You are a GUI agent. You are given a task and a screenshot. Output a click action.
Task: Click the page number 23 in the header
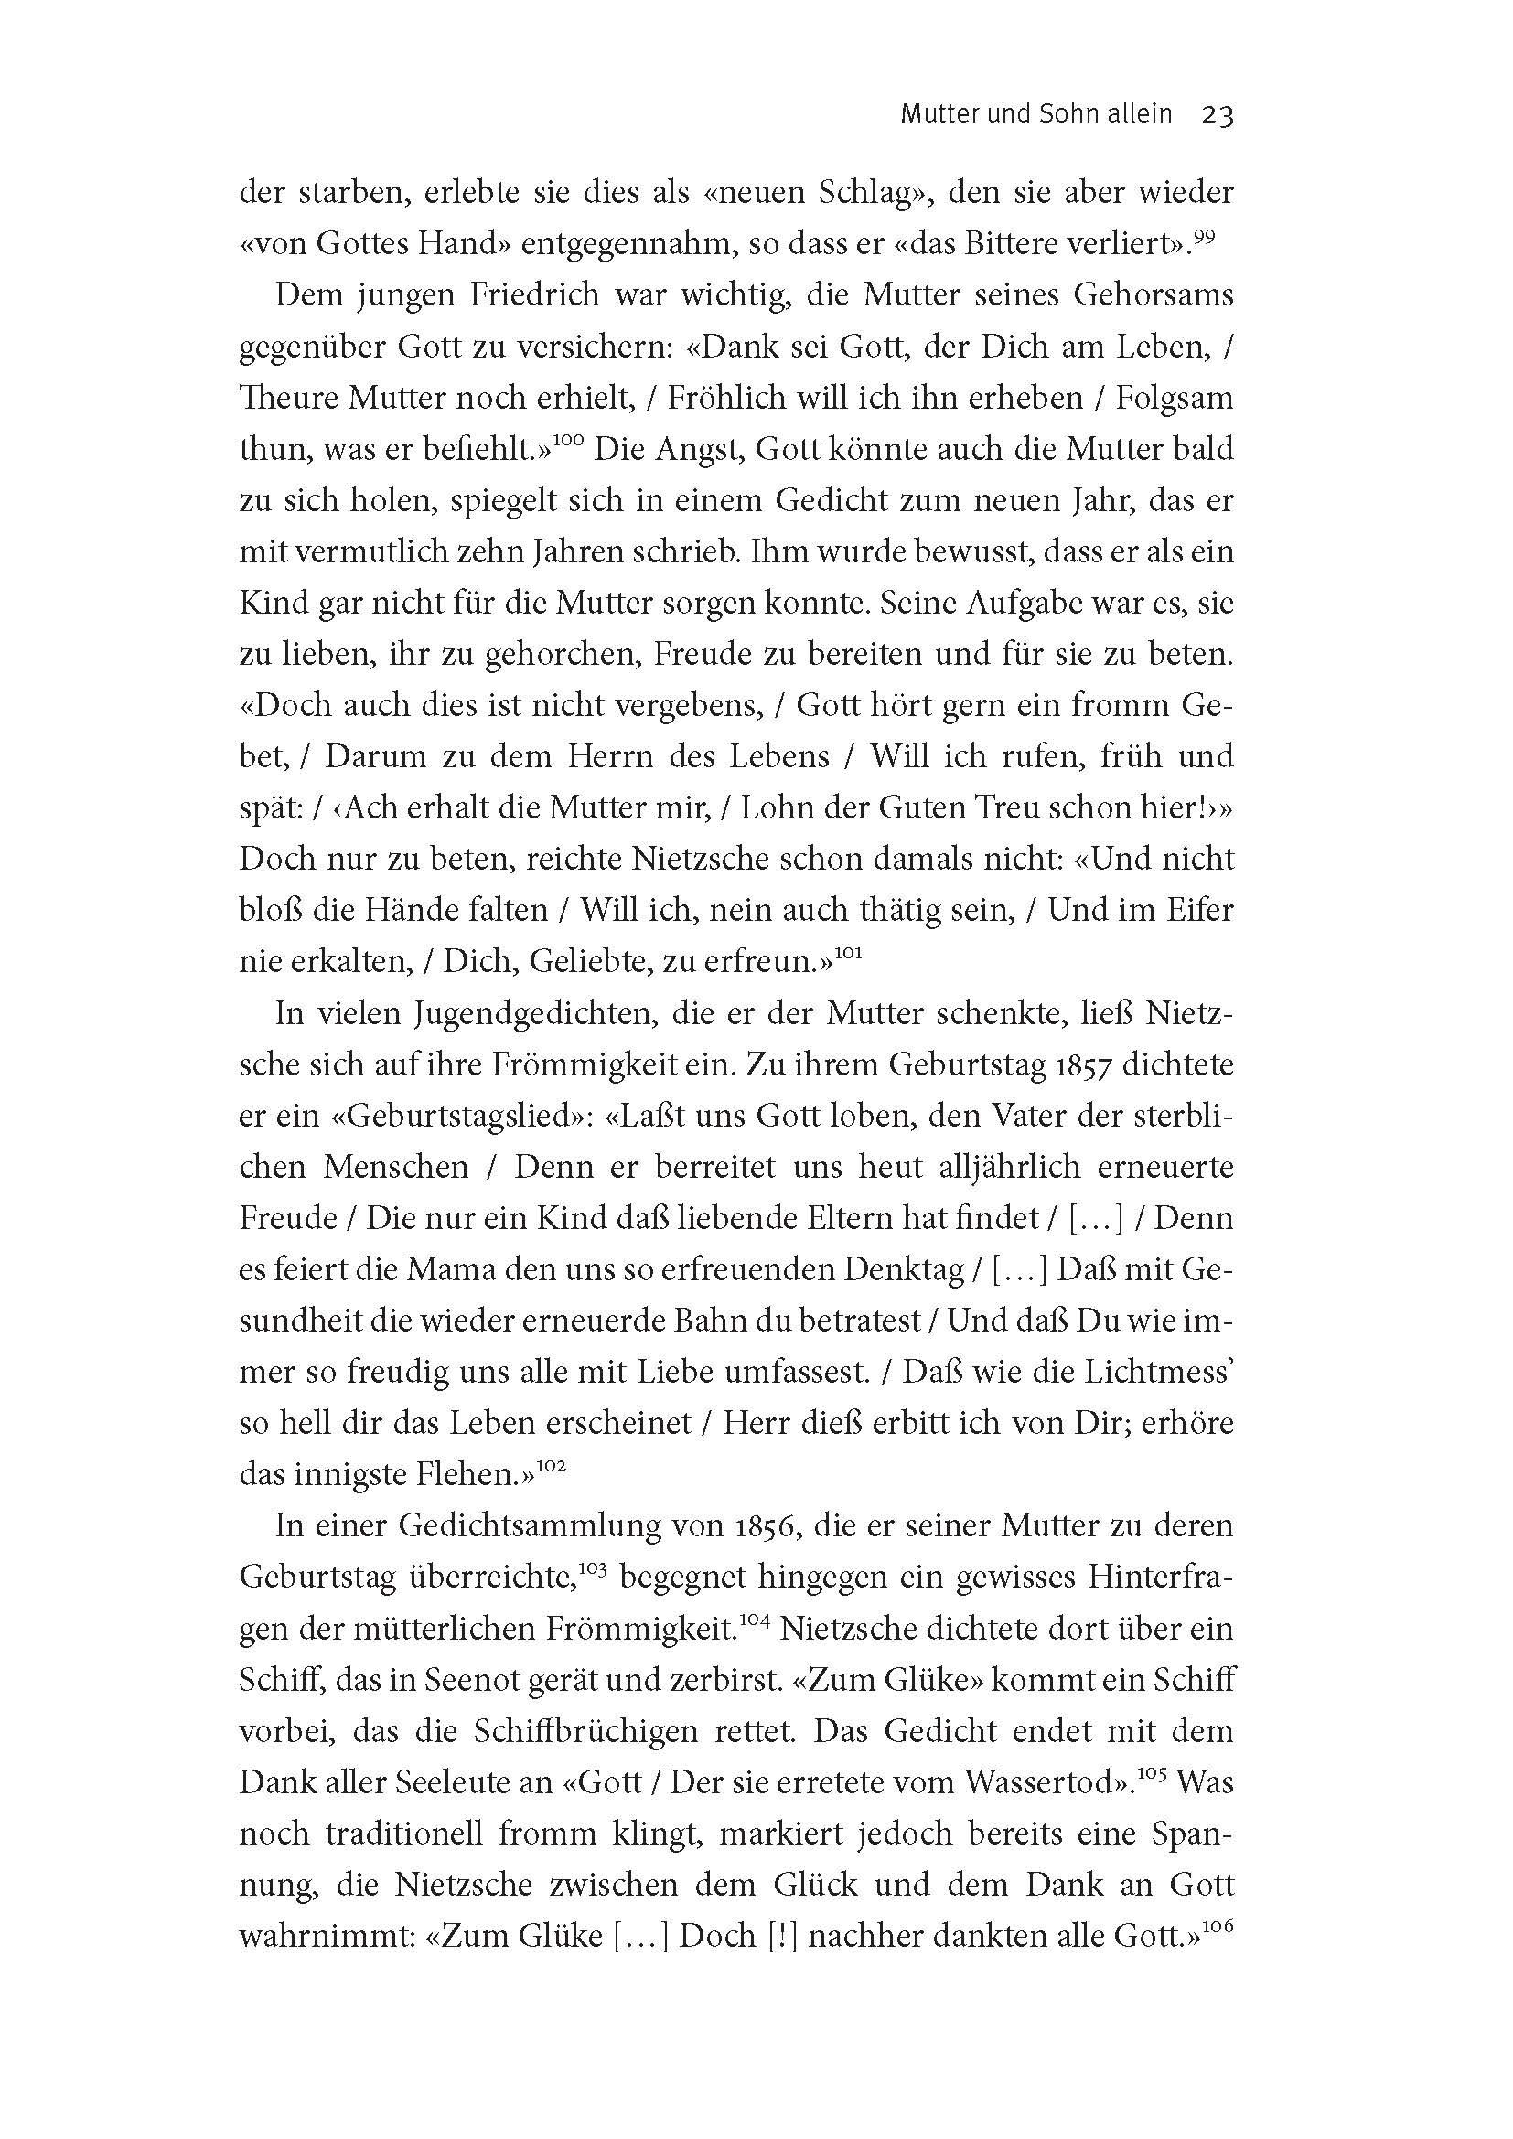1218,115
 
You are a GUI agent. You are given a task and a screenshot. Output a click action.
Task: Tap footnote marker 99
1205,239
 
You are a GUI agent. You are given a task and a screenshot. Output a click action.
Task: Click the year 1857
1075,1064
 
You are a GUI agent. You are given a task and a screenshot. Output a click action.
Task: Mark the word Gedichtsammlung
550,1526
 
